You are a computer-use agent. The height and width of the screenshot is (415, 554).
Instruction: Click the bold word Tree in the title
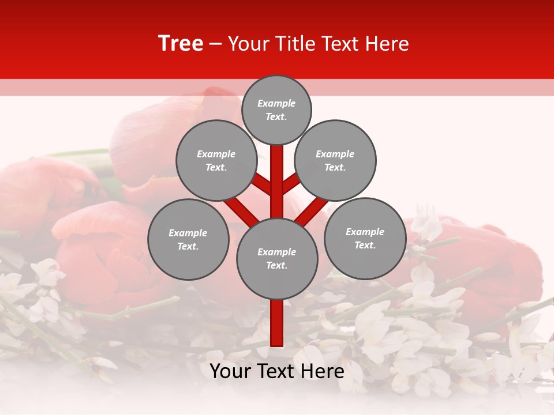point(181,44)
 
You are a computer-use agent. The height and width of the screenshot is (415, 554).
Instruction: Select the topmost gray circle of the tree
point(276,110)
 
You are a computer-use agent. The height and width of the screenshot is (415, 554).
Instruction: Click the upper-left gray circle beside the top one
point(216,161)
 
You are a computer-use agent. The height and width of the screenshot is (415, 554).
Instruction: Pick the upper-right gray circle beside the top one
point(335,161)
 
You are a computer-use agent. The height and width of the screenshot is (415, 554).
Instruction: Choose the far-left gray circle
point(188,240)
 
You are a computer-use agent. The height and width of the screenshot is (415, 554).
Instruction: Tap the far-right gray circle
point(365,239)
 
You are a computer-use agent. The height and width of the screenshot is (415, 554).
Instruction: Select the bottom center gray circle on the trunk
point(277,259)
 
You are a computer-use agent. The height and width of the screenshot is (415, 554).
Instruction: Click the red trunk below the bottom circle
point(277,323)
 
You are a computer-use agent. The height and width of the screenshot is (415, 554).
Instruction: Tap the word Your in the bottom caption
point(230,371)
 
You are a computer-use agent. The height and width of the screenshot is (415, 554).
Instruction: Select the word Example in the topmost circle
point(276,104)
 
